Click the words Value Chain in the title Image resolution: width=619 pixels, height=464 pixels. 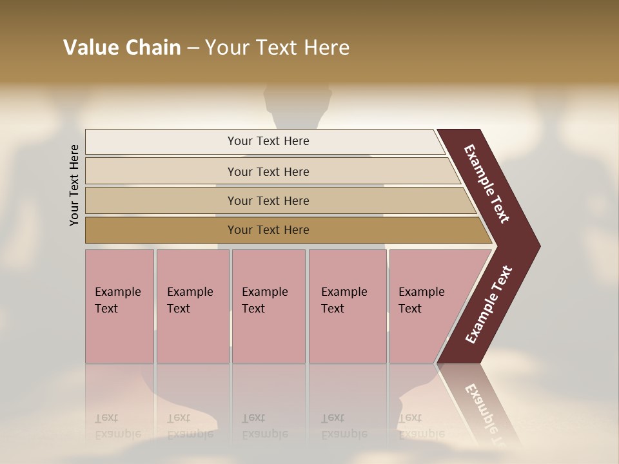click(x=122, y=48)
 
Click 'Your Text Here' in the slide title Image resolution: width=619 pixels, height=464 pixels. click(x=277, y=48)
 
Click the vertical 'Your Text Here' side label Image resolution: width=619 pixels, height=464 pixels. click(x=74, y=185)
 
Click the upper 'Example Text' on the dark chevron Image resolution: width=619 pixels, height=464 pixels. click(x=487, y=184)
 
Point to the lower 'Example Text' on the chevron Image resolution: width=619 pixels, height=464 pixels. click(x=488, y=304)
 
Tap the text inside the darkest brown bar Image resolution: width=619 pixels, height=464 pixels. click(x=268, y=230)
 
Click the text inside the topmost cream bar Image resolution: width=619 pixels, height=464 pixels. click(x=268, y=141)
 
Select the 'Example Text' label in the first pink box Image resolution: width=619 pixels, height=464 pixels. click(x=117, y=300)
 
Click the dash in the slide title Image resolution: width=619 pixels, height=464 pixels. click(x=193, y=48)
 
